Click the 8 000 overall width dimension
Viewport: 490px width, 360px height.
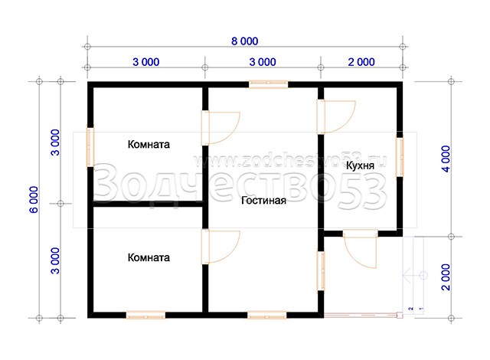245,41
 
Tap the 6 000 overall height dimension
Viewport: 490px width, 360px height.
34,199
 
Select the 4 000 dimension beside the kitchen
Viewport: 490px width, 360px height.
446,159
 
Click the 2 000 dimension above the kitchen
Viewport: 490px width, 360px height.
361,62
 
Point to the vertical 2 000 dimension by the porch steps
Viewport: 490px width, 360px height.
446,277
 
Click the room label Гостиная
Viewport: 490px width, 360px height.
263,201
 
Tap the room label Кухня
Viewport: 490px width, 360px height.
360,165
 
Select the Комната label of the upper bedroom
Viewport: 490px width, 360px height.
149,144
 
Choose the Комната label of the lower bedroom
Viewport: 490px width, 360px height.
149,257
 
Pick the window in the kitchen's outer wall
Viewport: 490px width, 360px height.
400,157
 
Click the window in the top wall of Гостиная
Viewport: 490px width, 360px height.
269,84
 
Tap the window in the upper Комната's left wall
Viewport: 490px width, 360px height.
90,147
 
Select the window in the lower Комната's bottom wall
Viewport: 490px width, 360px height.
145,315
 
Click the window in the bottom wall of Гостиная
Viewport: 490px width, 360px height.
267,315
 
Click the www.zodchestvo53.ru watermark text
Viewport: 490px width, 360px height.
290,161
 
